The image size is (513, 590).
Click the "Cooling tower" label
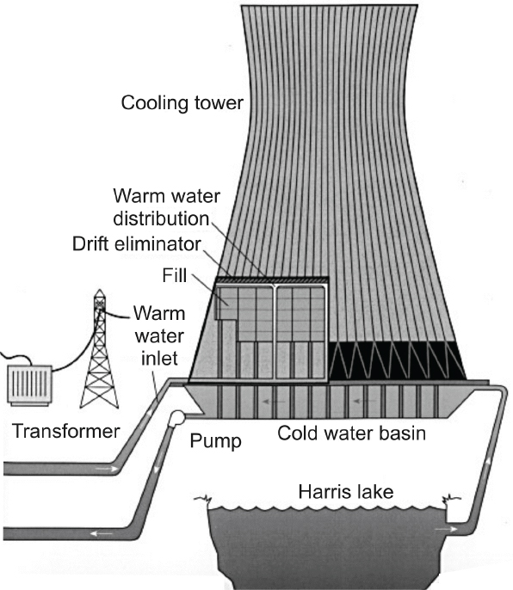tap(182, 103)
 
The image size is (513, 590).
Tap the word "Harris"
tap(324, 491)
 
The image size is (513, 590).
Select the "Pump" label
tap(215, 441)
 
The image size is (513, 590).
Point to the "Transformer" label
tap(66, 431)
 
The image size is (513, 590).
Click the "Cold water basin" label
tap(351, 433)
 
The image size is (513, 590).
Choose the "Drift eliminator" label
tap(137, 244)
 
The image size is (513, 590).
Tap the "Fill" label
tap(175, 275)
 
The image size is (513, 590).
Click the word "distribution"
tap(161, 218)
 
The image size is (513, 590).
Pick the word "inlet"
tap(159, 358)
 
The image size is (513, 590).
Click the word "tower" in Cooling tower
tap(219, 103)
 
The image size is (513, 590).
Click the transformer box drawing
tap(29, 385)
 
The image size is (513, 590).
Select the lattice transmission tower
tap(99, 349)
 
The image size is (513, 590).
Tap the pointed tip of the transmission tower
tap(100, 289)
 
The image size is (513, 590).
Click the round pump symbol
tap(176, 419)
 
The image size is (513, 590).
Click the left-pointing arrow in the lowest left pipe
tap(102, 533)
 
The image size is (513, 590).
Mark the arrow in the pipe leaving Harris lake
tap(446, 530)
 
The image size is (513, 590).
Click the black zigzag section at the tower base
tap(398, 360)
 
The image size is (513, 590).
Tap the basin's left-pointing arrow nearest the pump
tap(273, 402)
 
